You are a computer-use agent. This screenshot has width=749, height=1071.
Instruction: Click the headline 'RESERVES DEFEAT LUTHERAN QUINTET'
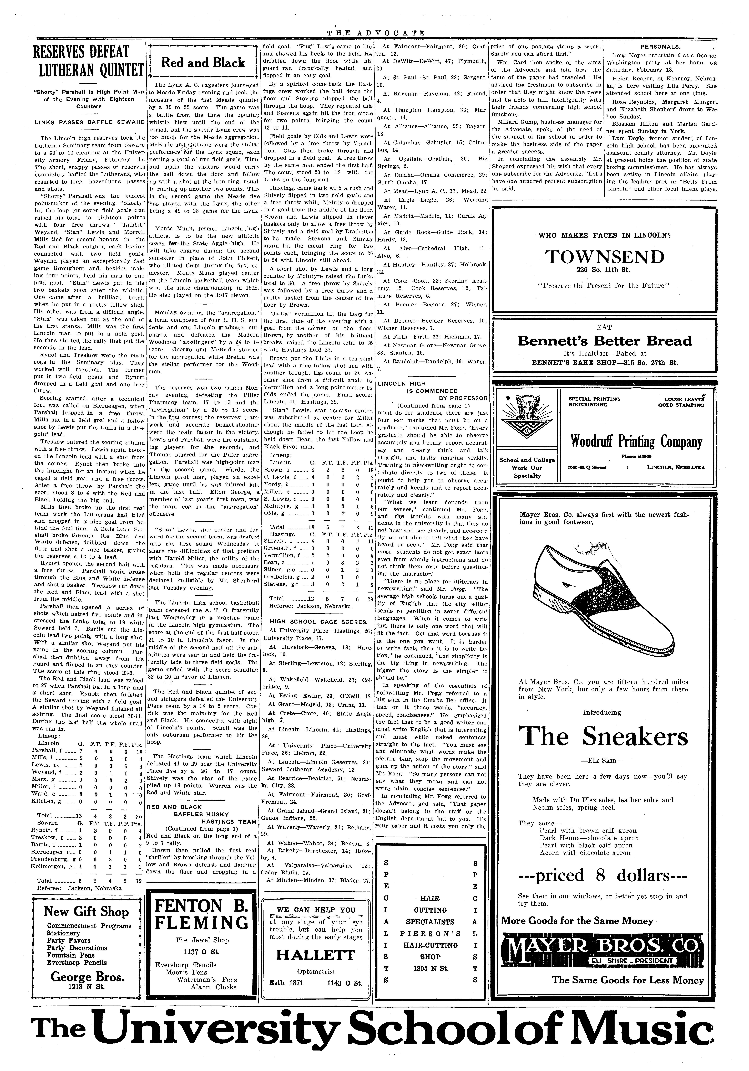point(89,61)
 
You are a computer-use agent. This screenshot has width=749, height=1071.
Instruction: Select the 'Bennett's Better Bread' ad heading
point(605,341)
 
